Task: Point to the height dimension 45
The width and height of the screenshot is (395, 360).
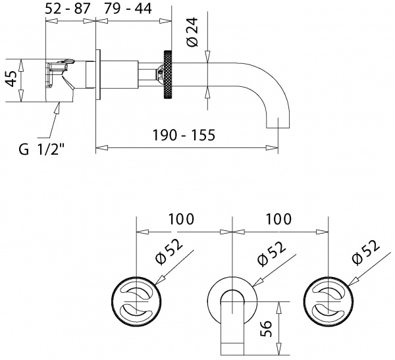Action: pos(10,80)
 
